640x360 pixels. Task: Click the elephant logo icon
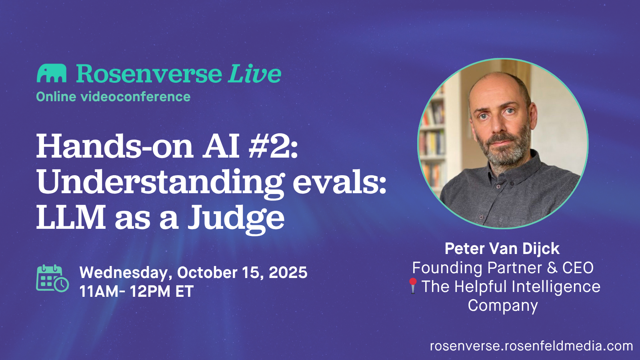[52, 73]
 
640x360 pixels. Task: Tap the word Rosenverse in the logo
[149, 74]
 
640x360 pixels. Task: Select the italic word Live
[255, 74]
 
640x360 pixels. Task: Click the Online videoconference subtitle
[113, 97]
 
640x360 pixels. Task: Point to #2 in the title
[273, 146]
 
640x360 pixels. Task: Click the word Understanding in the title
[160, 182]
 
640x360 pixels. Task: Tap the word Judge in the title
[236, 218]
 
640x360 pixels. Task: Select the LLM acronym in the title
[71, 218]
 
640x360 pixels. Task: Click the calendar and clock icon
[52, 278]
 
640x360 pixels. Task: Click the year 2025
[288, 273]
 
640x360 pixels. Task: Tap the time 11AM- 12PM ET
[136, 292]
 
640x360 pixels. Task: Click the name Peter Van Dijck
[502, 249]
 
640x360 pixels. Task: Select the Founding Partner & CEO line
[503, 268]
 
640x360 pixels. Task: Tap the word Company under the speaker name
[503, 306]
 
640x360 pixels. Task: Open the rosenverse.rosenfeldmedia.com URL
[531, 346]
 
